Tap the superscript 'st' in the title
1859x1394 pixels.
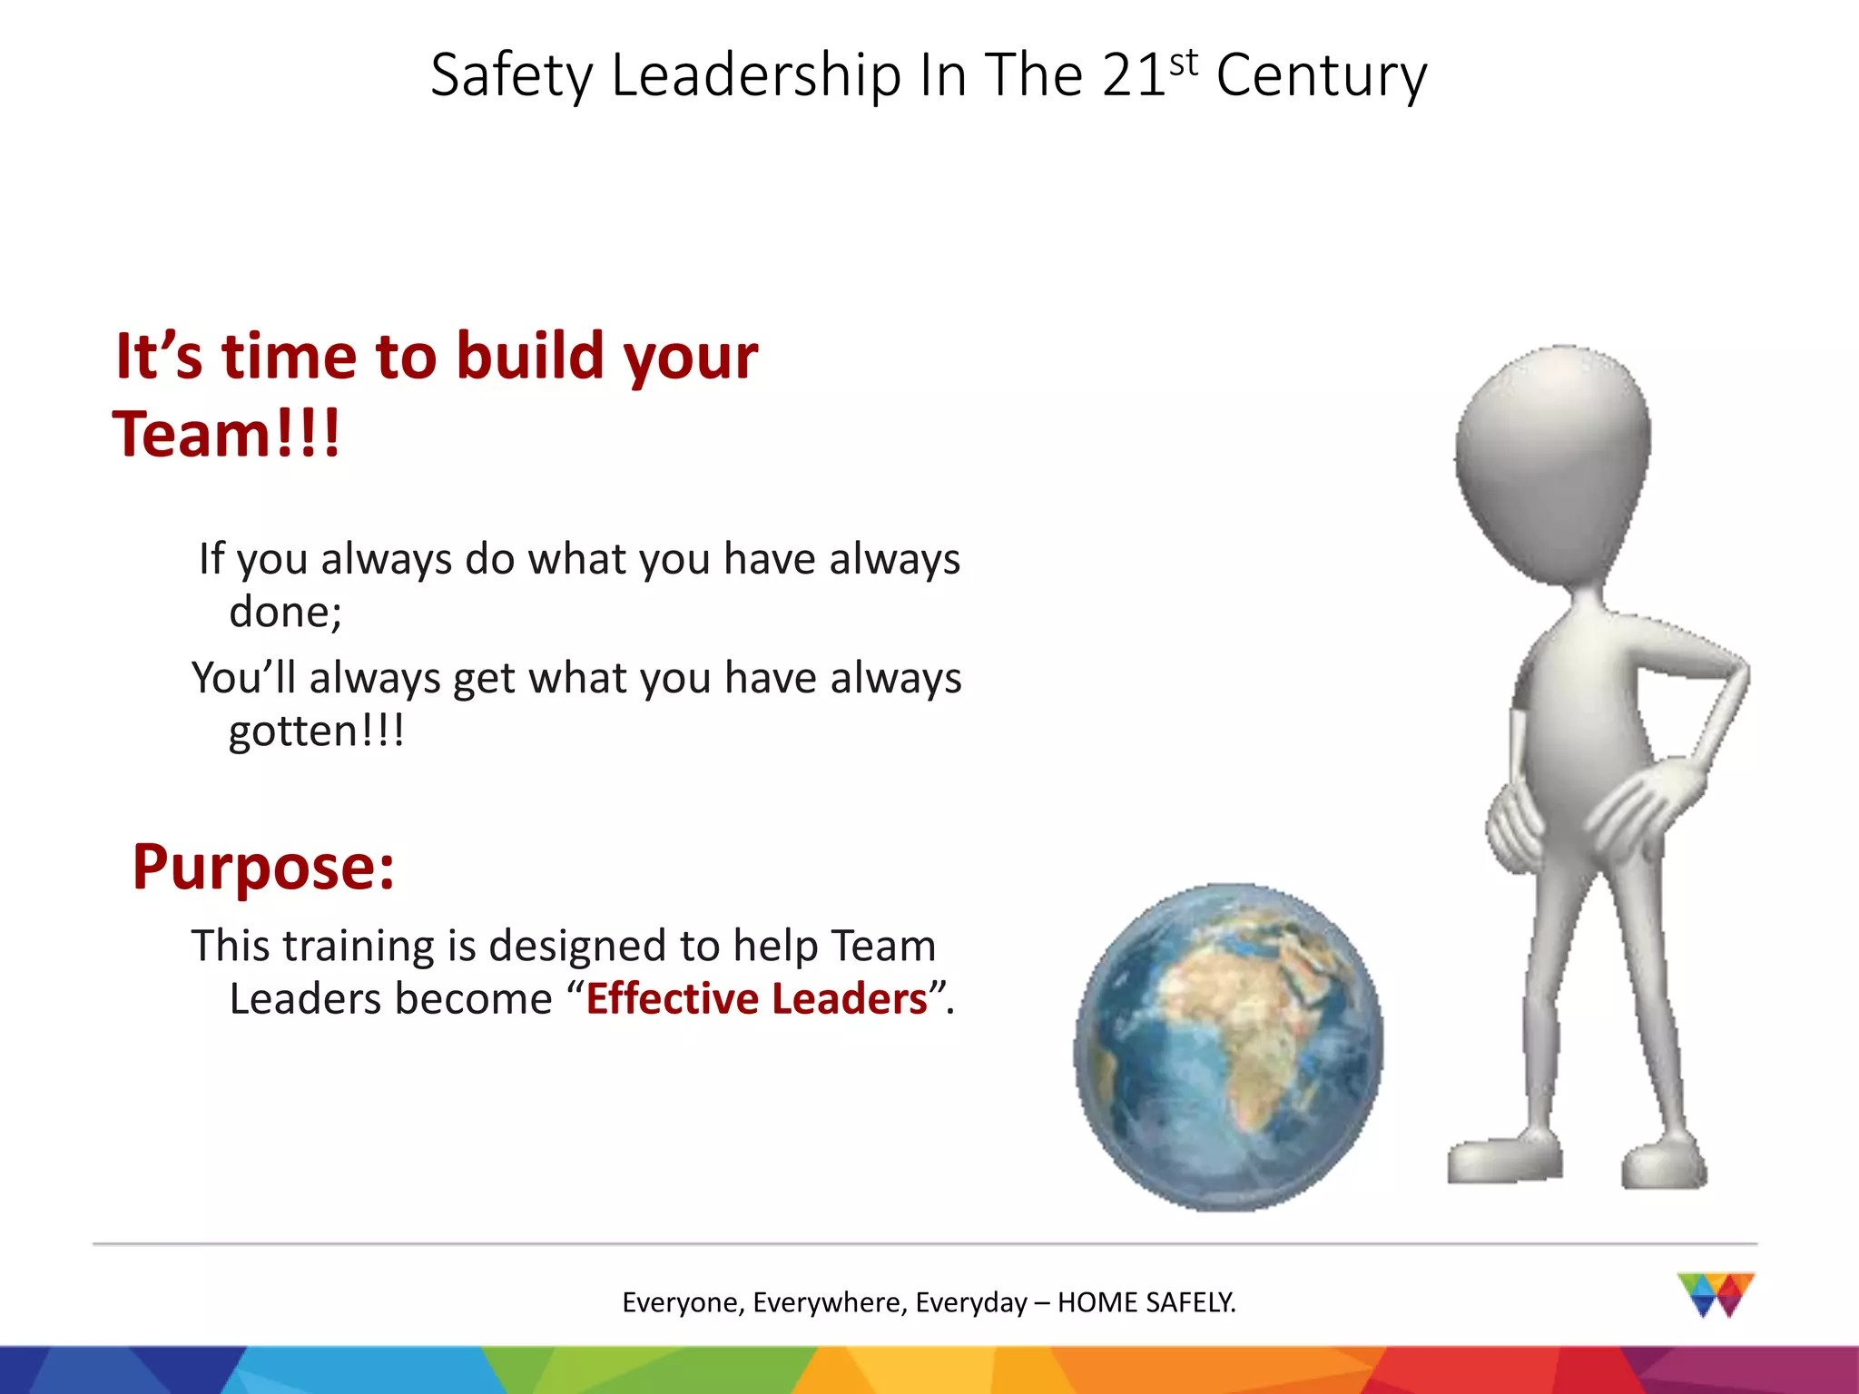pos(1184,64)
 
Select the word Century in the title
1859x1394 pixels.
pos(1321,76)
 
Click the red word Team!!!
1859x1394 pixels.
pos(226,434)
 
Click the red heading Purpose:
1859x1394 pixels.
pos(263,867)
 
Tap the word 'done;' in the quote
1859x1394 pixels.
pos(285,612)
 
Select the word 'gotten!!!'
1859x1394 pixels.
pos(316,731)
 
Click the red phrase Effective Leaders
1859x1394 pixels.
pos(757,998)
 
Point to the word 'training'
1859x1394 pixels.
pos(359,946)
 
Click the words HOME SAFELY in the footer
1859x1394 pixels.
pos(1146,1302)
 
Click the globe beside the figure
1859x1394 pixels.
pos(1227,1046)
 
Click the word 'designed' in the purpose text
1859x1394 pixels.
pos(577,946)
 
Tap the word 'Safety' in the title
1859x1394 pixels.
pos(511,74)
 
